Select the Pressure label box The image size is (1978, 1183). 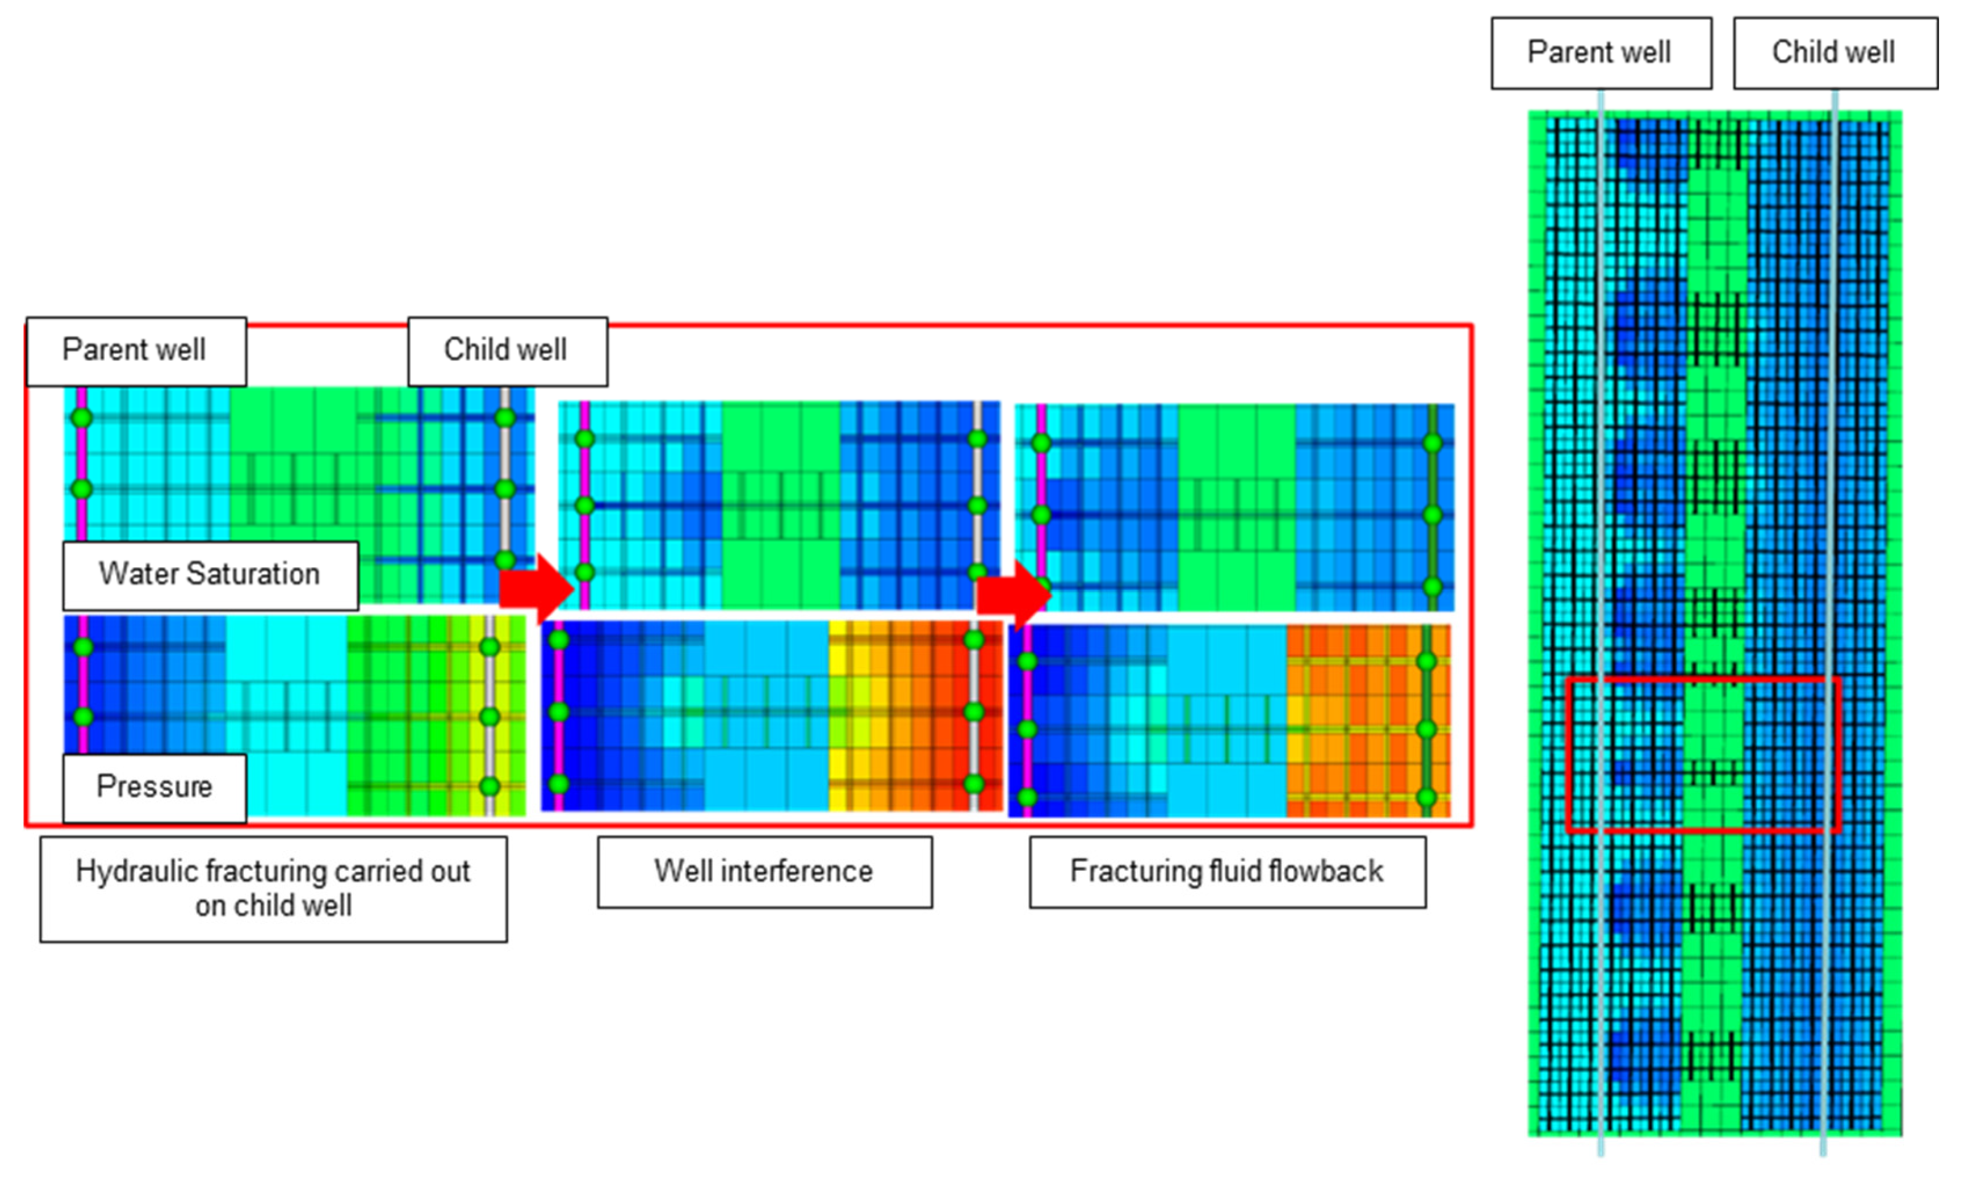(155, 788)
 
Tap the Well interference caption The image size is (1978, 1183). (764, 871)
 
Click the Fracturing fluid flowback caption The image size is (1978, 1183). (1228, 871)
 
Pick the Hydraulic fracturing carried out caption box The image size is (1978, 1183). (273, 889)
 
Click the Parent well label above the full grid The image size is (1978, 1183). (1601, 52)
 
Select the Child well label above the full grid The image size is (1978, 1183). (1835, 52)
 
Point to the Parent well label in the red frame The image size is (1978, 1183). (135, 351)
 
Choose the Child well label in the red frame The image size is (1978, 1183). (507, 351)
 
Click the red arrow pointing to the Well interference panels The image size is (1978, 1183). (536, 588)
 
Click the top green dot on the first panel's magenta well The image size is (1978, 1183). (81, 418)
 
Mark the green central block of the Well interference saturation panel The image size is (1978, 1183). (781, 506)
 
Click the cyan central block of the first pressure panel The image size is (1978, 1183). (287, 715)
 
